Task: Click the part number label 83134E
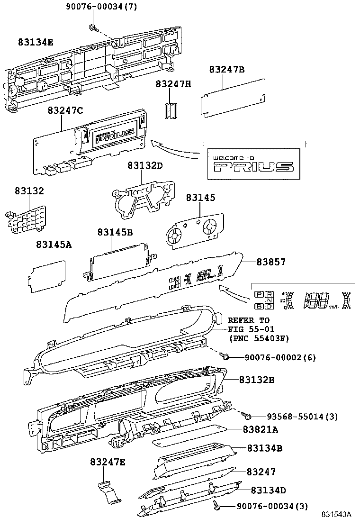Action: pos(36,42)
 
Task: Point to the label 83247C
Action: pos(65,110)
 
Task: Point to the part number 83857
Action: pos(271,262)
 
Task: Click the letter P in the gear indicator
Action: pos(259,295)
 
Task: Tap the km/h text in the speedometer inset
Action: pos(333,307)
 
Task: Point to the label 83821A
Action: pos(260,429)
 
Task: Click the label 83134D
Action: pos(268,490)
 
